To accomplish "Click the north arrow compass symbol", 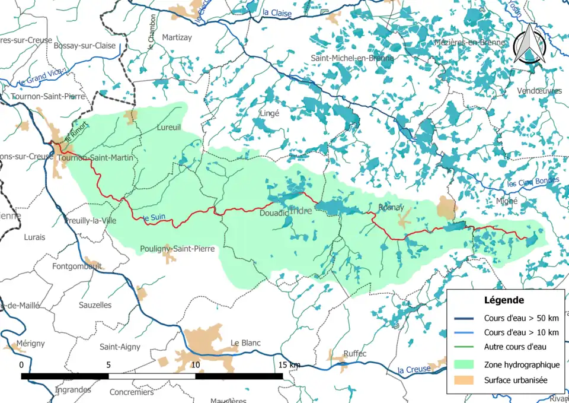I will coord(529,46).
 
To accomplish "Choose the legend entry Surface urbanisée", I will coord(514,380).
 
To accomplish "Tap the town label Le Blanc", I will coord(245,343).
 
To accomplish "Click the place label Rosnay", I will coord(391,208).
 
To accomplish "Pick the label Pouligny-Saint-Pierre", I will coord(177,249).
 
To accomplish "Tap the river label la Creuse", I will coord(413,370).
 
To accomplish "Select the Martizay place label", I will coord(175,37).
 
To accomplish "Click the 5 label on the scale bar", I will coord(108,364).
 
